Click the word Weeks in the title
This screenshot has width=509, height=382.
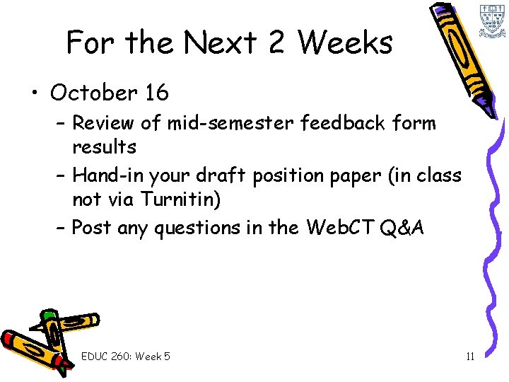click(345, 43)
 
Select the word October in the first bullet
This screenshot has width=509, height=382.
click(94, 93)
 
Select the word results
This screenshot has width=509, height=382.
click(104, 147)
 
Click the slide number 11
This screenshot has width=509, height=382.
click(470, 356)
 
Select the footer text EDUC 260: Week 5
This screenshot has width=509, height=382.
click(126, 356)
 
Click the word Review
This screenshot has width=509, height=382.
click(104, 123)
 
